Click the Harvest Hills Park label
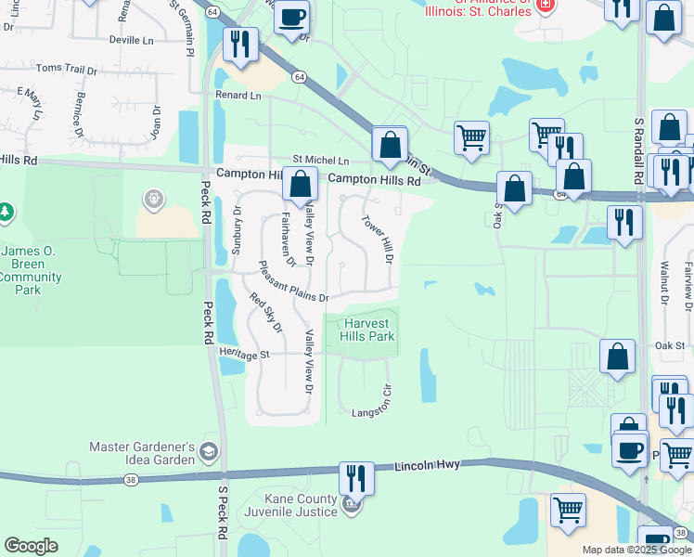click(369, 330)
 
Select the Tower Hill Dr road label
click(378, 239)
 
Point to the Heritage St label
click(244, 354)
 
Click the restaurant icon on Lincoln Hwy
click(356, 478)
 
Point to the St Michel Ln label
click(321, 161)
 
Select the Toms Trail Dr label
click(66, 70)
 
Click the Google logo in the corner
click(31, 546)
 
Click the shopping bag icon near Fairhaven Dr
click(301, 185)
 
